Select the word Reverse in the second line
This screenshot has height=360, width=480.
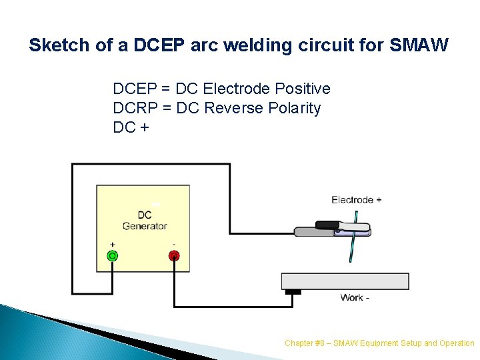click(231, 108)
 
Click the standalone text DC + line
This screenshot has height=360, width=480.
click(131, 127)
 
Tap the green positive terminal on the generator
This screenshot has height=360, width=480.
click(113, 255)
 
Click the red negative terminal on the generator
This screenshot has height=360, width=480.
click(174, 255)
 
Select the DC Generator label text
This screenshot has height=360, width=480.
click(144, 221)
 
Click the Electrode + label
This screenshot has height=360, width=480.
click(356, 199)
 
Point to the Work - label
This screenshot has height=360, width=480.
click(354, 297)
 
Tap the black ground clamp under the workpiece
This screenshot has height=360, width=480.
click(293, 292)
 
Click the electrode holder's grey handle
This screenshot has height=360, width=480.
click(313, 233)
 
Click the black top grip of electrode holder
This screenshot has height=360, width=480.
click(328, 225)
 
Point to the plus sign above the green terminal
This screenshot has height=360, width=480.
click(112, 245)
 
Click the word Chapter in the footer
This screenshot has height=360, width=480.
click(298, 343)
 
